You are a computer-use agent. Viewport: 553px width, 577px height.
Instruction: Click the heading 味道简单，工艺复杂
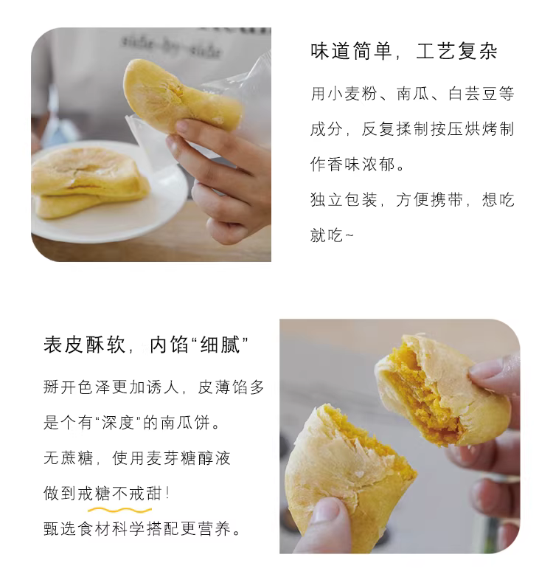tap(404, 51)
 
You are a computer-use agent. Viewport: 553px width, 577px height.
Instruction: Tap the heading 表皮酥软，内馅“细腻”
tap(146, 345)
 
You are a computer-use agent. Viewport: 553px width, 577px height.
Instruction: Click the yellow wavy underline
tap(119, 510)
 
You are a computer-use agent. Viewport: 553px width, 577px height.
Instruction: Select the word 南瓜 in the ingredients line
tap(413, 94)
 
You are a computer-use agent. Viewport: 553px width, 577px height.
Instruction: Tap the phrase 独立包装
tap(344, 200)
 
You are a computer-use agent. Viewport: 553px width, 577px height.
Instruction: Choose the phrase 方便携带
tap(429, 200)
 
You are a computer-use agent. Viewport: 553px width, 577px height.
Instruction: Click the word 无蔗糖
tap(69, 458)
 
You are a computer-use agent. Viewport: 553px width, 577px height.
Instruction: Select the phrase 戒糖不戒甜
tap(120, 494)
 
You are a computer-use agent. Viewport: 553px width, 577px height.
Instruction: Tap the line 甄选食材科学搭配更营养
tap(137, 529)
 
